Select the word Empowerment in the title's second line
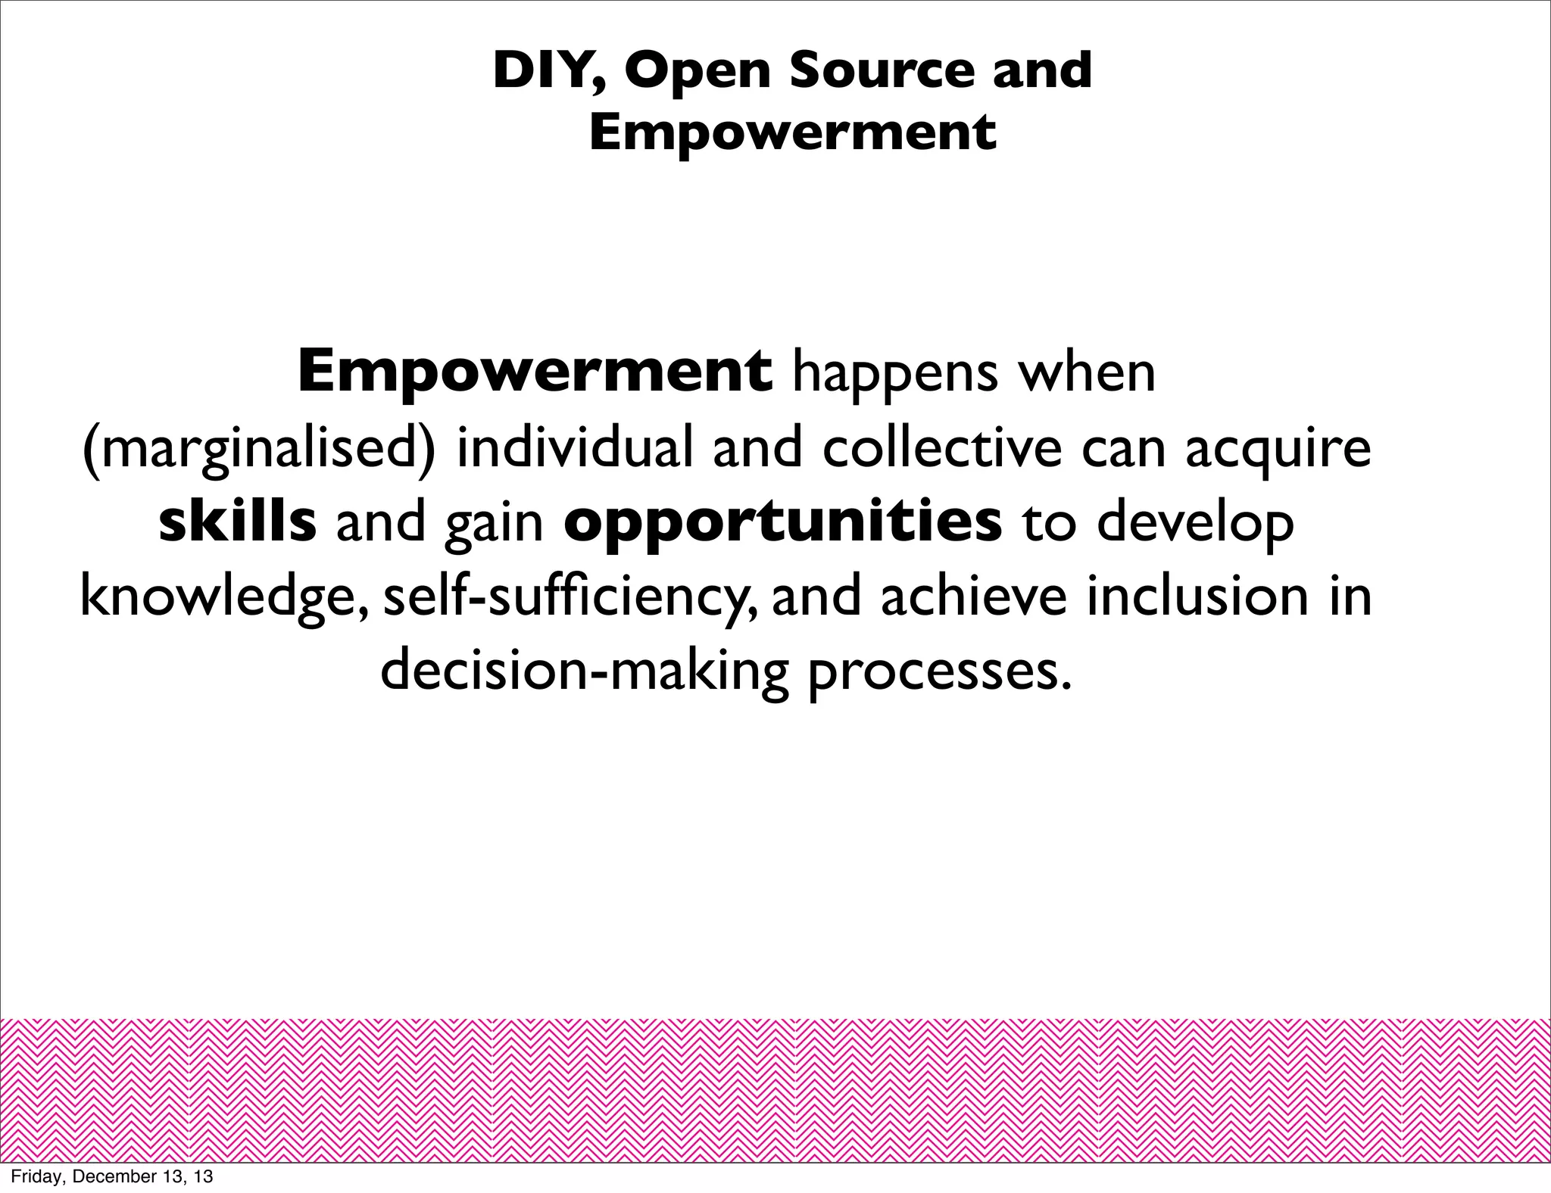[x=792, y=132]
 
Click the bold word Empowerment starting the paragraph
[x=535, y=372]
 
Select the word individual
[x=575, y=447]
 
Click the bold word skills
[x=237, y=522]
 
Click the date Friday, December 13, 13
[x=112, y=1176]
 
